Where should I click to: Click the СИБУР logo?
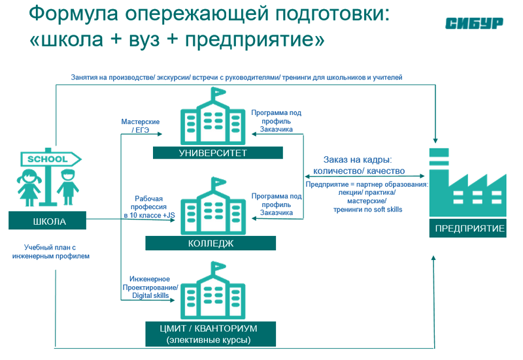coord(474,24)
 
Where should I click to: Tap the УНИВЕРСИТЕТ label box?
coord(218,154)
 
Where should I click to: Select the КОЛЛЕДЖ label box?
coord(211,243)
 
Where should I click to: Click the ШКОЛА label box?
coord(50,221)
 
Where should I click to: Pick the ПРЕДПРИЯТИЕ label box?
coord(470,229)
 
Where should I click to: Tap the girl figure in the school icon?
coord(30,187)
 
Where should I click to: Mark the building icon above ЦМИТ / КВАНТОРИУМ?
coord(211,292)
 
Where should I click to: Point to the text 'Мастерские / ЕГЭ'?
coord(141,126)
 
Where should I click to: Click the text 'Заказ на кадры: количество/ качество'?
coord(359,165)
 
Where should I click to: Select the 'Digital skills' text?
coord(150,295)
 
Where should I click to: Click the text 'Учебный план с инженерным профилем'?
coord(50,252)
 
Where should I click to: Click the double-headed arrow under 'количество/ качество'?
coord(367,176)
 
